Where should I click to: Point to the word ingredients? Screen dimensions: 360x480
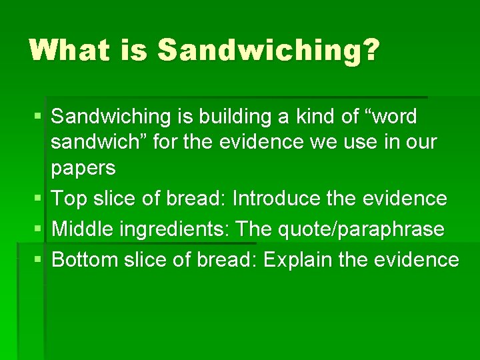coord(175,230)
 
